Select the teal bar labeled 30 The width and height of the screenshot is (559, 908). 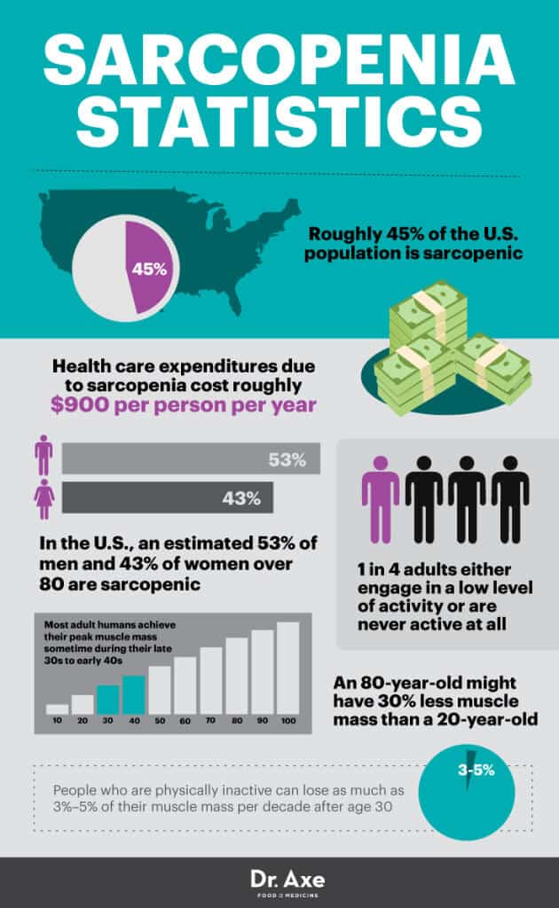tap(106, 699)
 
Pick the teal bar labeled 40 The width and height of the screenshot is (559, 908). tap(133, 694)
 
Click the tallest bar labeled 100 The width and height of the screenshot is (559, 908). tap(287, 668)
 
